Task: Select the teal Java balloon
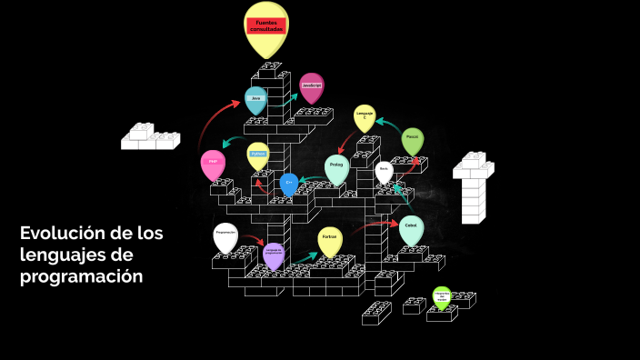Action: point(255,100)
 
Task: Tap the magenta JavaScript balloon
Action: point(312,85)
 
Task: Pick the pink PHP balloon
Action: point(212,163)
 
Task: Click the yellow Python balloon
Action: point(258,155)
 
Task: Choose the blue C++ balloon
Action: point(289,183)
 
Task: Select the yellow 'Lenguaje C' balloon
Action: point(365,116)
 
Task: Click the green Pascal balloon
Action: point(412,139)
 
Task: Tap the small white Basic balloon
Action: point(384,170)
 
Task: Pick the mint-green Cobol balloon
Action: point(411,227)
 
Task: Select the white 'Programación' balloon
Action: point(225,235)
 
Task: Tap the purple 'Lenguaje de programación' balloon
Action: point(274,255)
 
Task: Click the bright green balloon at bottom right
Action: point(442,296)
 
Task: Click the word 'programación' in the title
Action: point(81,275)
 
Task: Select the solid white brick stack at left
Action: point(150,136)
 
